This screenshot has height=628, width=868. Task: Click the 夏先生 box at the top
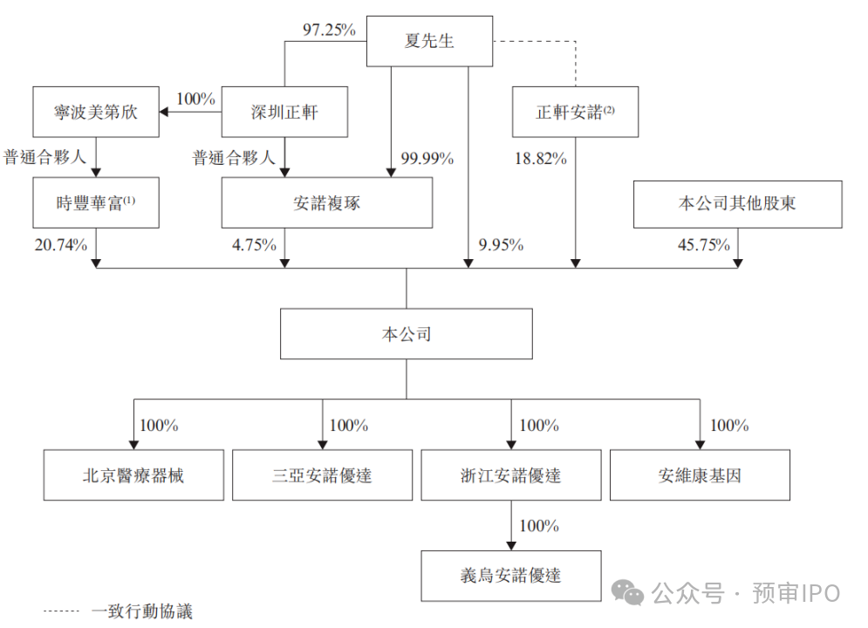[429, 41]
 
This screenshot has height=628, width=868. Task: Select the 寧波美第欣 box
[96, 112]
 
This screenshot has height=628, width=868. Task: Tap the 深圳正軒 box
[284, 112]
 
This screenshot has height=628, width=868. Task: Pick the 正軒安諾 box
[575, 112]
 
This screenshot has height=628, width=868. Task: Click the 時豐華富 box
[96, 202]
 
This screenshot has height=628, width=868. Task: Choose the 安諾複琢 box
[327, 202]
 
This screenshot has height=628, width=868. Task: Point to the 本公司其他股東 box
[738, 204]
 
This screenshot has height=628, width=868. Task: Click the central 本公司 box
[407, 334]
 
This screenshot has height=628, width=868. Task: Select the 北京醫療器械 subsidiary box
[133, 475]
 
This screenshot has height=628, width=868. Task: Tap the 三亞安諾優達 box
[322, 475]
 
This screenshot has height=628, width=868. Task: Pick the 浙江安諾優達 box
[511, 475]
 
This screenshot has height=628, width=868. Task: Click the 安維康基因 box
[700, 475]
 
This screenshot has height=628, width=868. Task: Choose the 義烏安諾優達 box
[511, 576]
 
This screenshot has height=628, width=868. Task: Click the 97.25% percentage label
[330, 30]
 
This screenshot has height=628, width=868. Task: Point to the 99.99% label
[427, 159]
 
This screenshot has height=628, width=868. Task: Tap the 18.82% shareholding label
[541, 159]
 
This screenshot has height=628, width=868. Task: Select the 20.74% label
[61, 244]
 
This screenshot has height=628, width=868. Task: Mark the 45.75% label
[704, 244]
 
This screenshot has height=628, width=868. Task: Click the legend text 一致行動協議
[142, 611]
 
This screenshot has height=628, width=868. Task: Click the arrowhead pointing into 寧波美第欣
[164, 113]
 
